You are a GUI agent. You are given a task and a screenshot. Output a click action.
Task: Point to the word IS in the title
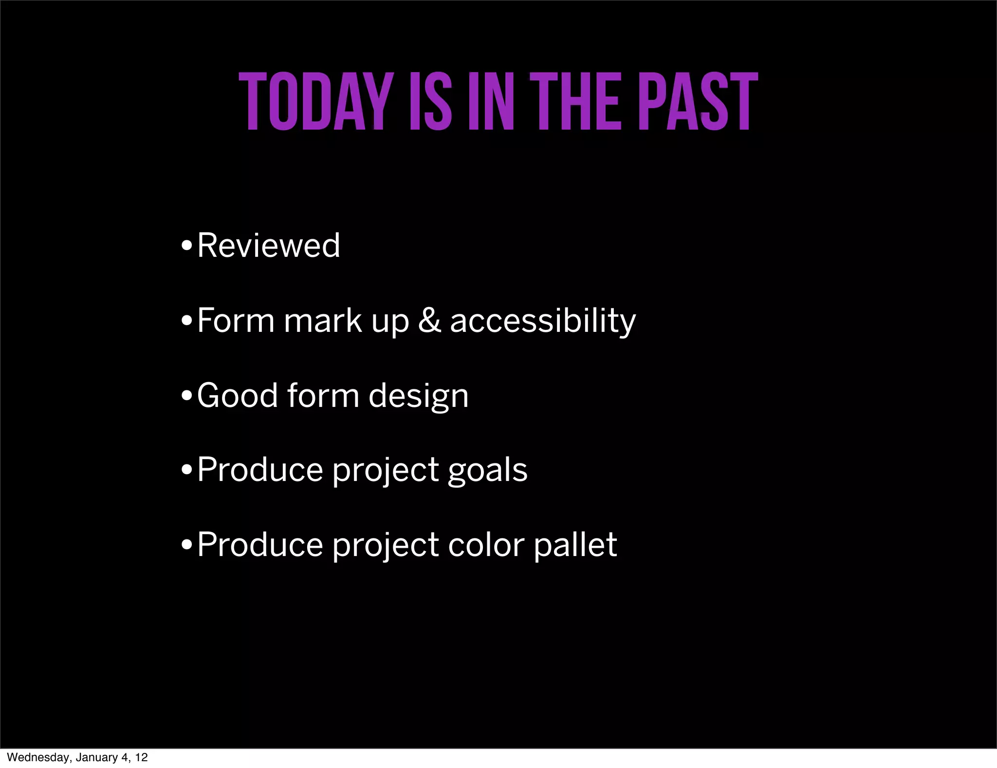coord(428,102)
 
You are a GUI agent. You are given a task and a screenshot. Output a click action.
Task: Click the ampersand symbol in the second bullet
coord(429,320)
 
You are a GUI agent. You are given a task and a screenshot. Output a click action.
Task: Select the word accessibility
coord(543,321)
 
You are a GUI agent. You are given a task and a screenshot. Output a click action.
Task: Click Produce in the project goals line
coord(260,470)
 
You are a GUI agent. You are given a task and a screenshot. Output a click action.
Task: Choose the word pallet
coord(575,545)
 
